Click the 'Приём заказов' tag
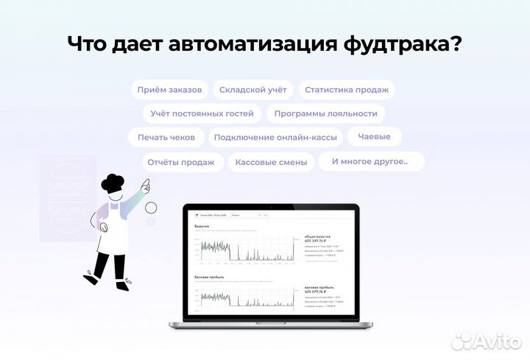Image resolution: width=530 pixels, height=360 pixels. coord(169,90)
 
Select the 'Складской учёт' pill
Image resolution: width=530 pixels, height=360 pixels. coord(253,90)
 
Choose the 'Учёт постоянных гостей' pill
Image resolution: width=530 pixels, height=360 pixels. coord(202,113)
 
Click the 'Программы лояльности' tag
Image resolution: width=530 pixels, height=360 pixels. coord(325,113)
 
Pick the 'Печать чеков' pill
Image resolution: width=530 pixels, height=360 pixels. coord(166,138)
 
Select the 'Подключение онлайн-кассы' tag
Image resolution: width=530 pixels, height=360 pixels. coord(276,138)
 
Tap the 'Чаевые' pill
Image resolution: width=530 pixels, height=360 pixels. coord(374,136)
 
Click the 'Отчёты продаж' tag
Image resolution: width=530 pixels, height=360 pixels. coord(180,162)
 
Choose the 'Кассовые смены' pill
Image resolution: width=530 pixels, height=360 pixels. coord(271,162)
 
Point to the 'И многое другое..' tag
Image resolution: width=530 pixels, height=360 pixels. coord(370,161)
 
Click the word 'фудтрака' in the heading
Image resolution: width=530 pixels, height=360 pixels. coord(392,44)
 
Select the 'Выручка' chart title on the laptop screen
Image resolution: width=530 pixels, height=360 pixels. coord(202,227)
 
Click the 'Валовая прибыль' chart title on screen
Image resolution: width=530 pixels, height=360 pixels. coord(208,278)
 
